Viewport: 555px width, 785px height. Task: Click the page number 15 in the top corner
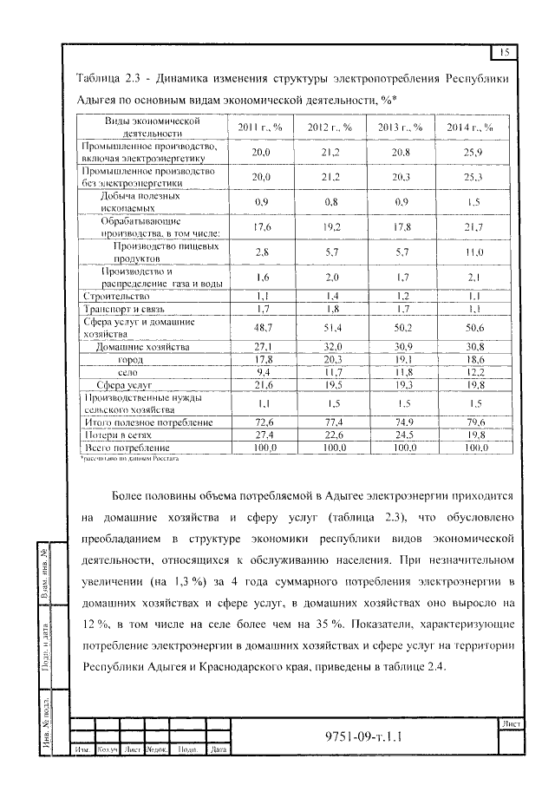click(506, 53)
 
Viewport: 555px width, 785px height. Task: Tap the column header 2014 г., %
click(470, 128)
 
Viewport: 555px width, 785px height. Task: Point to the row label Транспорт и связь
click(122, 308)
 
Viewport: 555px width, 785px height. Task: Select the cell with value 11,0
click(470, 252)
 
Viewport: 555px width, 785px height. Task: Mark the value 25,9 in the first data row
click(470, 152)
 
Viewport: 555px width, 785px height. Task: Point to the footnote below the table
click(130, 456)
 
